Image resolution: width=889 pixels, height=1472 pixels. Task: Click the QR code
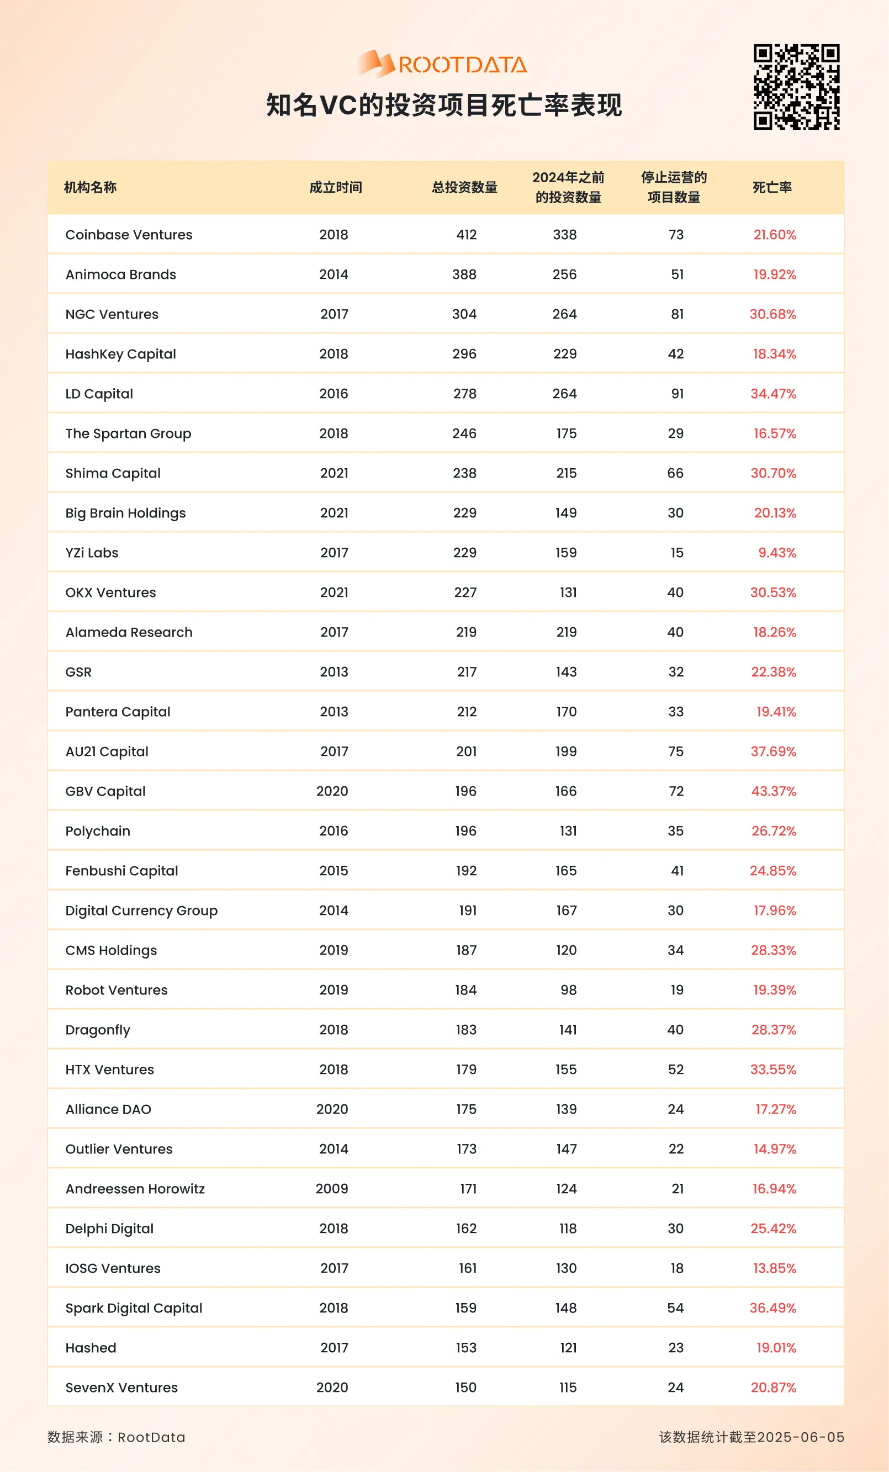[x=796, y=87]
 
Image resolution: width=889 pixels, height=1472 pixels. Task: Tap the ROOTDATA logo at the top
[x=442, y=64]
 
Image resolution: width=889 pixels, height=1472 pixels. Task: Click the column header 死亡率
[x=772, y=188]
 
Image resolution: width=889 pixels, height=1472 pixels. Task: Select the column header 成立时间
[x=336, y=188]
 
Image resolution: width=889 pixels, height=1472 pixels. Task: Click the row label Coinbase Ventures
[x=129, y=235]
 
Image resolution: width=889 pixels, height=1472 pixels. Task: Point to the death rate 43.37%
[x=774, y=791]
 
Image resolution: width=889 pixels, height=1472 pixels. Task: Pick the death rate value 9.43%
[x=777, y=553]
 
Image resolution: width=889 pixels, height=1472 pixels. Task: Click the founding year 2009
[x=332, y=1189]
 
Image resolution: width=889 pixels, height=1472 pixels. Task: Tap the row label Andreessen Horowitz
[x=135, y=1189]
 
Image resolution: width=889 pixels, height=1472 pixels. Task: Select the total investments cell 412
[x=467, y=235]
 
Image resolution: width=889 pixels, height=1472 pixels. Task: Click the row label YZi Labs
[x=92, y=553]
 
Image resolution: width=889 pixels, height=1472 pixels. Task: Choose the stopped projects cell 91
[x=677, y=394]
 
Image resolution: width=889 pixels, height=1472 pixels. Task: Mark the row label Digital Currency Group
[x=141, y=910]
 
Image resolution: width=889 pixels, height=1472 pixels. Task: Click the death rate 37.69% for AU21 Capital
[x=774, y=751]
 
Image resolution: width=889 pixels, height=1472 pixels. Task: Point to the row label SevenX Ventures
[x=122, y=1387]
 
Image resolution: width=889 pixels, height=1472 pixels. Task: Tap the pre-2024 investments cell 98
[x=568, y=990]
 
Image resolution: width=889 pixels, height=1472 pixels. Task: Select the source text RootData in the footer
[x=151, y=1437]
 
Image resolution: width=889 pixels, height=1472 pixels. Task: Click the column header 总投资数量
[x=465, y=188]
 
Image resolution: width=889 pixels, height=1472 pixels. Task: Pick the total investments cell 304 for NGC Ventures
[x=464, y=314]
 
